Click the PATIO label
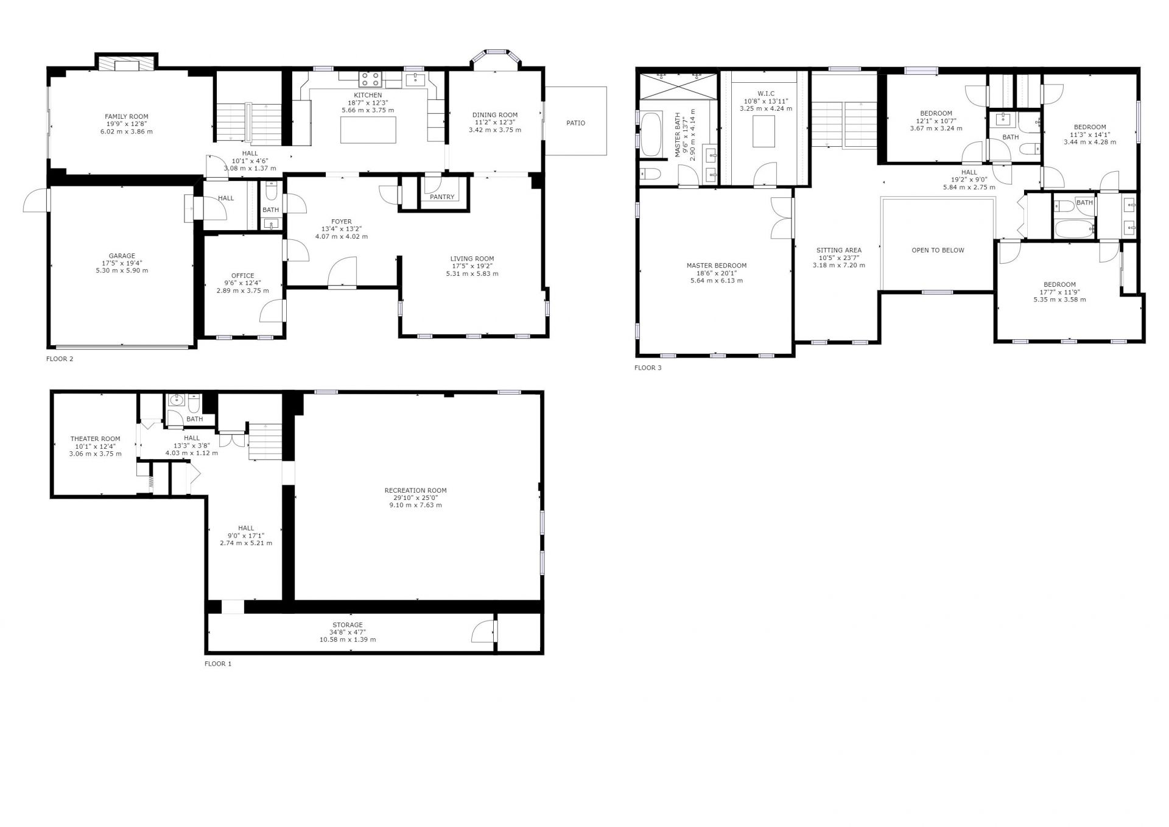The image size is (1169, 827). (x=575, y=123)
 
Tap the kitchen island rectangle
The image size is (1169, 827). (x=368, y=130)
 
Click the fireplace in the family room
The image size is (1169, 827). (x=127, y=65)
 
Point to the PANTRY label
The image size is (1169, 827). (x=442, y=197)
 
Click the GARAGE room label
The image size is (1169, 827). (x=122, y=256)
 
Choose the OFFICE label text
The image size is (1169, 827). (x=243, y=276)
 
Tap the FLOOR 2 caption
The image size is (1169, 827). (x=60, y=359)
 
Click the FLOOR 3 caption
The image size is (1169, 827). (x=648, y=368)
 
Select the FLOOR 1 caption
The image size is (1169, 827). (x=218, y=664)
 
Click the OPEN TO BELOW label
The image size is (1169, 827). (x=938, y=250)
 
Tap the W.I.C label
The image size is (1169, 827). (x=766, y=94)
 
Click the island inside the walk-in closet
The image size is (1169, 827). (x=764, y=132)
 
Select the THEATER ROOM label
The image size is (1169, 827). (x=95, y=438)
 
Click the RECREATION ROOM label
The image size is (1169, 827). (x=415, y=490)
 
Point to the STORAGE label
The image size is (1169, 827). (x=348, y=625)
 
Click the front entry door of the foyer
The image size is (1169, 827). (x=342, y=272)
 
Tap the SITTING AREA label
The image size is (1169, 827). (x=838, y=250)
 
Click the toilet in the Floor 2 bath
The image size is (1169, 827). (x=272, y=192)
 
